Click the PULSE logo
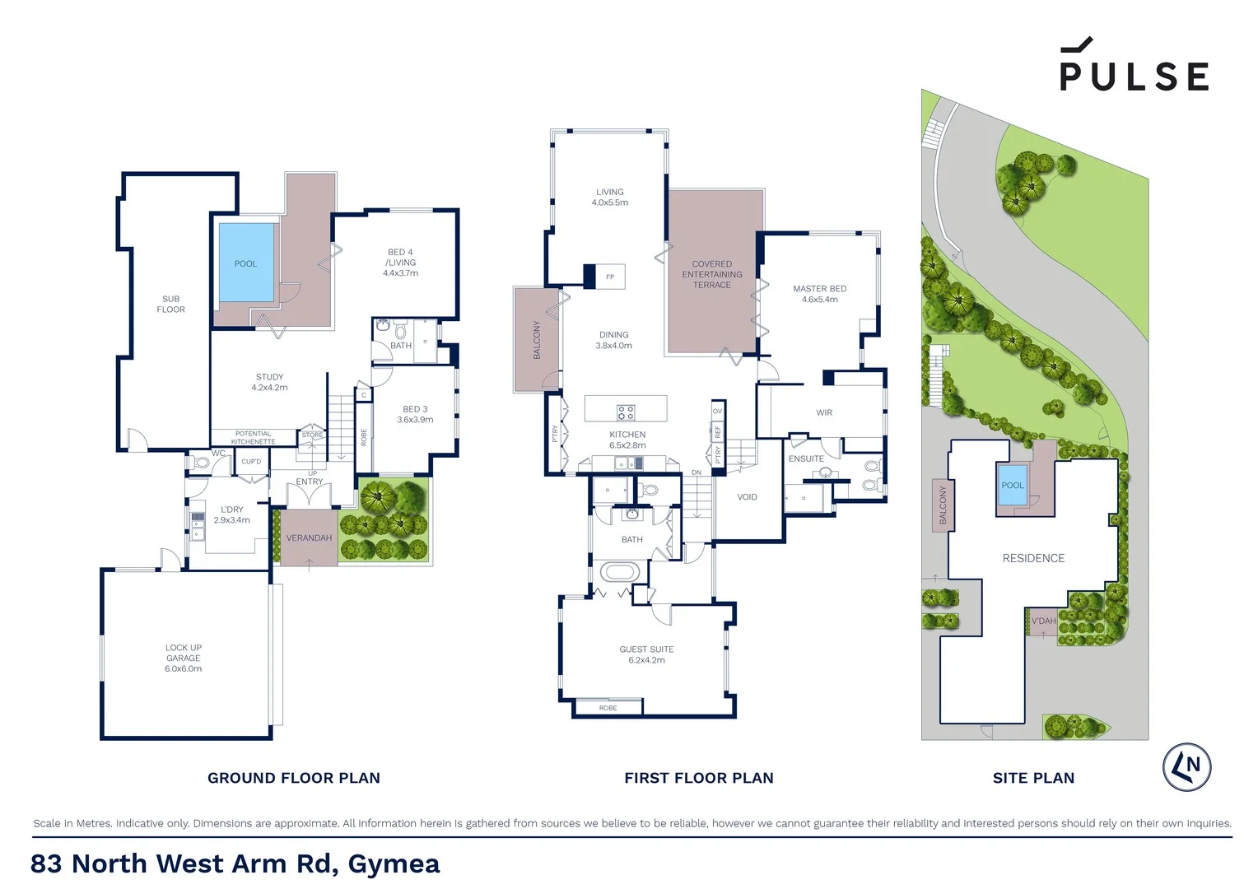pos(1134,66)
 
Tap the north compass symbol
pos(1186,767)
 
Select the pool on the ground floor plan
pos(246,263)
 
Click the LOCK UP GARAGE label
pos(183,658)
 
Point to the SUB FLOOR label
pos(170,304)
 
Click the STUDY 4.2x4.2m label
pos(269,382)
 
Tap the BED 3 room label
pos(415,414)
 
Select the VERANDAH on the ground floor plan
pos(309,538)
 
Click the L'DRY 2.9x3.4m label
pos(231,514)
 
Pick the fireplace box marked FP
pos(609,277)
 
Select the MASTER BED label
pos(819,294)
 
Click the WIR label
pos(824,412)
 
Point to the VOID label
pos(747,496)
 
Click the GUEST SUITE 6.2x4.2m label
pos(646,654)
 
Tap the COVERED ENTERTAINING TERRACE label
pos(711,274)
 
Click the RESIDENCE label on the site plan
pos(1033,558)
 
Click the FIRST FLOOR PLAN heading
pos(698,778)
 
